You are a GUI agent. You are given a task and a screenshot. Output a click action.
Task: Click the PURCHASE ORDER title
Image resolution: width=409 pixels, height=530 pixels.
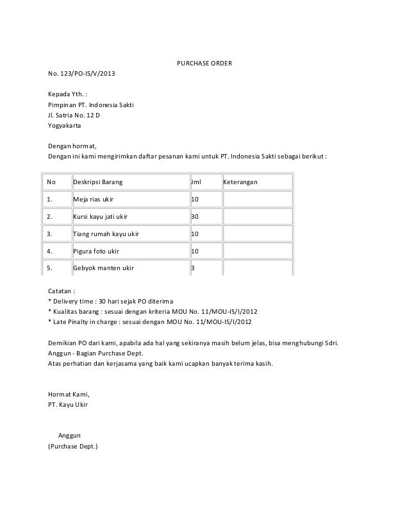pos(204,64)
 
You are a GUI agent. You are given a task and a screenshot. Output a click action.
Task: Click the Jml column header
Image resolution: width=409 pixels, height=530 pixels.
pos(196,183)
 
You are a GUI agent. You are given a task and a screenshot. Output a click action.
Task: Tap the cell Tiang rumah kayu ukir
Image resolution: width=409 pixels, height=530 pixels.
pos(106,234)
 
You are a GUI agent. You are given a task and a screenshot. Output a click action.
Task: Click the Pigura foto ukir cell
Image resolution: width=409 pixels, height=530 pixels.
pos(96,251)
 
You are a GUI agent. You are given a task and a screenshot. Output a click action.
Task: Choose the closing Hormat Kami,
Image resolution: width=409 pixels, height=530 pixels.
pos(69,394)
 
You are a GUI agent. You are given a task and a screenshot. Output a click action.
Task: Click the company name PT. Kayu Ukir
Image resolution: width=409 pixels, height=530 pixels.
pos(69,405)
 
